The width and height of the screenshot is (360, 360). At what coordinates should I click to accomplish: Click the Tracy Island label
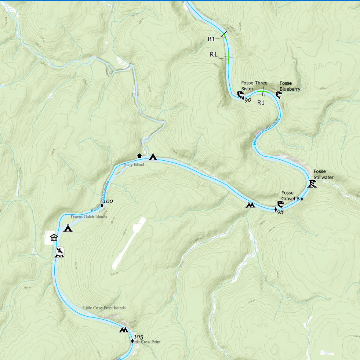[133, 166]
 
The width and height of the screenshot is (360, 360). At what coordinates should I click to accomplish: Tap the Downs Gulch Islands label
[89, 217]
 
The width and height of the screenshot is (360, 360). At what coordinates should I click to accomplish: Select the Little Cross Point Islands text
[104, 308]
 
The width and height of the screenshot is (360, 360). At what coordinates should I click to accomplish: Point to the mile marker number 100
[108, 201]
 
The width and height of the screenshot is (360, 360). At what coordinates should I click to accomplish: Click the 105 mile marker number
[138, 337]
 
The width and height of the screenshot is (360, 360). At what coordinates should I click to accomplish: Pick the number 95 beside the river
[281, 212]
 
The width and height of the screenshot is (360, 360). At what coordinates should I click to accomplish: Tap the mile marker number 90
[248, 100]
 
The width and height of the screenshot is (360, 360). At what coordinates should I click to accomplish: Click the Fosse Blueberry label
[290, 86]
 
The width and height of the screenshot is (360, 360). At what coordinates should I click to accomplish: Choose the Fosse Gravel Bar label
[292, 196]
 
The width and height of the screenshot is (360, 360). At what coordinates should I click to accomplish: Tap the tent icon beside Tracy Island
[153, 157]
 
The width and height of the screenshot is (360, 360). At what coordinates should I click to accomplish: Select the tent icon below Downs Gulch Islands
[68, 229]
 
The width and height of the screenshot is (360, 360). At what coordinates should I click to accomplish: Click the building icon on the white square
[54, 237]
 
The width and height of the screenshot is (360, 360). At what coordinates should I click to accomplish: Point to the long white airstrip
[129, 243]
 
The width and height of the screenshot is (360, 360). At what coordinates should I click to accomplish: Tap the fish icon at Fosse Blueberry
[278, 96]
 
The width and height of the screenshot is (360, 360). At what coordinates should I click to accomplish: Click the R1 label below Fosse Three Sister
[261, 103]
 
